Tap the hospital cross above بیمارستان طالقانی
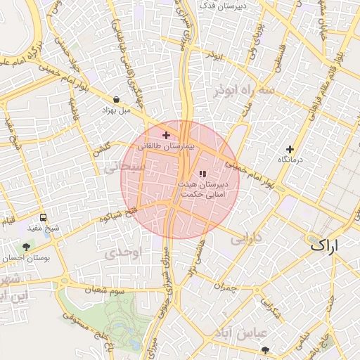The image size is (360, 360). pyautogui.click(x=166, y=135)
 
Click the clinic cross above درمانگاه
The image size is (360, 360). pyautogui.click(x=289, y=149)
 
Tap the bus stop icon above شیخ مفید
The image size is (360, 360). pyautogui.click(x=44, y=218)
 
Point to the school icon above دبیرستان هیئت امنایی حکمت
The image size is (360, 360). pyautogui.click(x=203, y=174)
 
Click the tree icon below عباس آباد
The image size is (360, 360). pyautogui.click(x=265, y=349)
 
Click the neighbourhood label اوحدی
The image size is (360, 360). pyautogui.click(x=127, y=251)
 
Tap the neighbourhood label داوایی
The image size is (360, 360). pyautogui.click(x=245, y=237)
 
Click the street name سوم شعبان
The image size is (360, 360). pyautogui.click(x=105, y=290)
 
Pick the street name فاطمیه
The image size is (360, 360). pyautogui.click(x=73, y=111)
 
